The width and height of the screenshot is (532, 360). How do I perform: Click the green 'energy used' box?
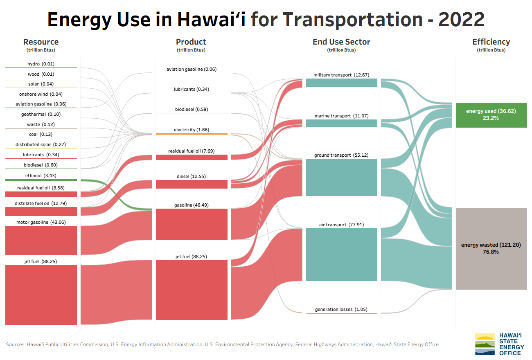491,115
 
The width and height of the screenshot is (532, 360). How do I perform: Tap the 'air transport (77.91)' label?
341,225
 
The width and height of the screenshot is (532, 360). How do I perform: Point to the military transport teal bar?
341,83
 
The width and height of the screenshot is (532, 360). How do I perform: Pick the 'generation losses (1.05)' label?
341,309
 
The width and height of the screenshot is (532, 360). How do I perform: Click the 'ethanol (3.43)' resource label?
41,175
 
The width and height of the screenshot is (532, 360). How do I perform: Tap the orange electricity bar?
192,134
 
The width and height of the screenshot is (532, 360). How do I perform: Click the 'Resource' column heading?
41,42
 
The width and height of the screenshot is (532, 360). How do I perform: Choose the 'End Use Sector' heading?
341,42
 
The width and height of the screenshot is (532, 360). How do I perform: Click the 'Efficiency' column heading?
491,42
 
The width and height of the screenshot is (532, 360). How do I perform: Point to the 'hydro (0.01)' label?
41,64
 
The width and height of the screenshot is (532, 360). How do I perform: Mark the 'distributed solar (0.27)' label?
41,144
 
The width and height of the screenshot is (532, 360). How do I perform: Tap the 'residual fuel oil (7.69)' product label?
191,151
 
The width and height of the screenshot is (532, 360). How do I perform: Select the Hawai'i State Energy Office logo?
499,344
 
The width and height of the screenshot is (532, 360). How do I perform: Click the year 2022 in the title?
462,19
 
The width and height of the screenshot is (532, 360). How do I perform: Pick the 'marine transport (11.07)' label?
341,116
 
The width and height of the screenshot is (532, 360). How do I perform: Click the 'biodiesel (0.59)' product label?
191,109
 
